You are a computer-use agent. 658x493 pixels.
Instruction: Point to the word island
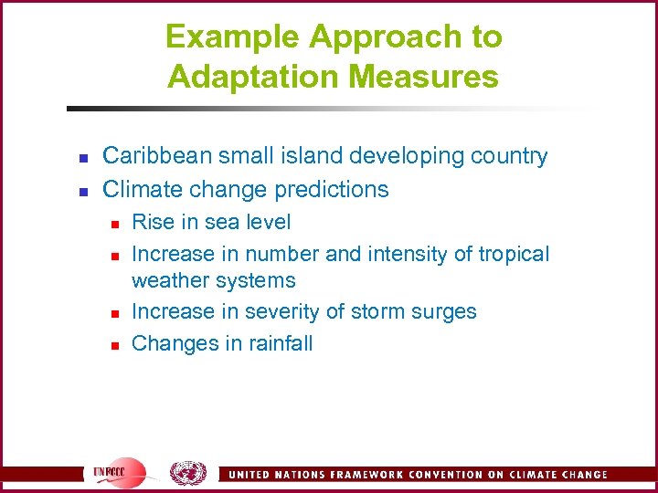tap(315, 156)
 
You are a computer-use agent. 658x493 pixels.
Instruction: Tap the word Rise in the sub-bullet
tap(153, 222)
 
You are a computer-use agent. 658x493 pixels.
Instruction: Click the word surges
tap(442, 312)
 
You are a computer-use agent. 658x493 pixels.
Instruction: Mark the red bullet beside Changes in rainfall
tap(112, 345)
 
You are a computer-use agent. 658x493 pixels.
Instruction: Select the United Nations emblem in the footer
tap(187, 473)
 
